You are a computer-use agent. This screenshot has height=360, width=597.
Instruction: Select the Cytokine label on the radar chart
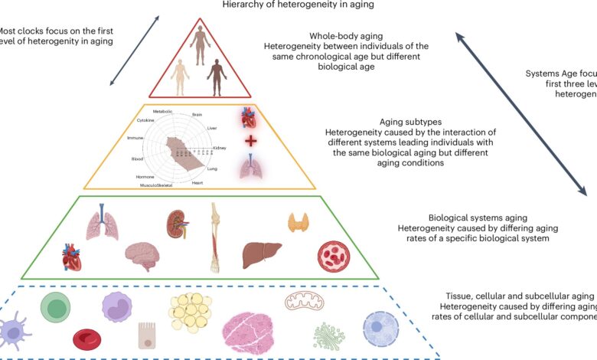(145, 120)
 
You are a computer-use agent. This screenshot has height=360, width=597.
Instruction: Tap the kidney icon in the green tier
(178, 223)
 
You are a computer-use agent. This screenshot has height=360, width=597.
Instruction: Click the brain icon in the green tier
(142, 257)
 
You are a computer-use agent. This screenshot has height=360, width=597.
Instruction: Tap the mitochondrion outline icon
(299, 302)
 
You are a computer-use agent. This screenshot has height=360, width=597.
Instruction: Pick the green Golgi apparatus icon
(329, 336)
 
